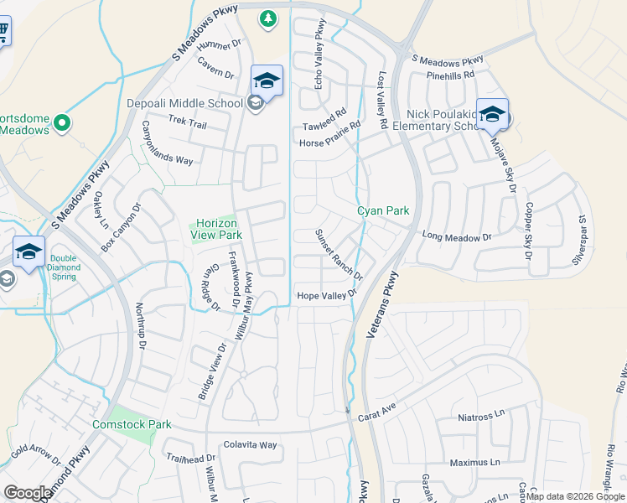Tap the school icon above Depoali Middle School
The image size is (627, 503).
point(267,80)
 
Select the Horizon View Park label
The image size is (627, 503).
point(219,229)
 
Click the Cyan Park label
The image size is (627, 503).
point(383,210)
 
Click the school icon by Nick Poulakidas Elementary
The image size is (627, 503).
point(492,115)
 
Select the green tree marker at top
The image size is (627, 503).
point(267,18)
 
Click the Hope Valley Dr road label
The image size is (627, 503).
point(327,295)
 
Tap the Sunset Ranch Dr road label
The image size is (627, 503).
point(339,255)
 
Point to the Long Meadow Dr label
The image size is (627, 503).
point(456,237)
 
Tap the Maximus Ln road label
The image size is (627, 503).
point(474,462)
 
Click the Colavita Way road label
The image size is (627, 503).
point(250,445)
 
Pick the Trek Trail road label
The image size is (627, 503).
point(187,123)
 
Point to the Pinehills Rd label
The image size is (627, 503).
point(450,75)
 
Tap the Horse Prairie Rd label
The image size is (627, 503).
point(329,134)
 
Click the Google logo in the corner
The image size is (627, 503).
point(28,493)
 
